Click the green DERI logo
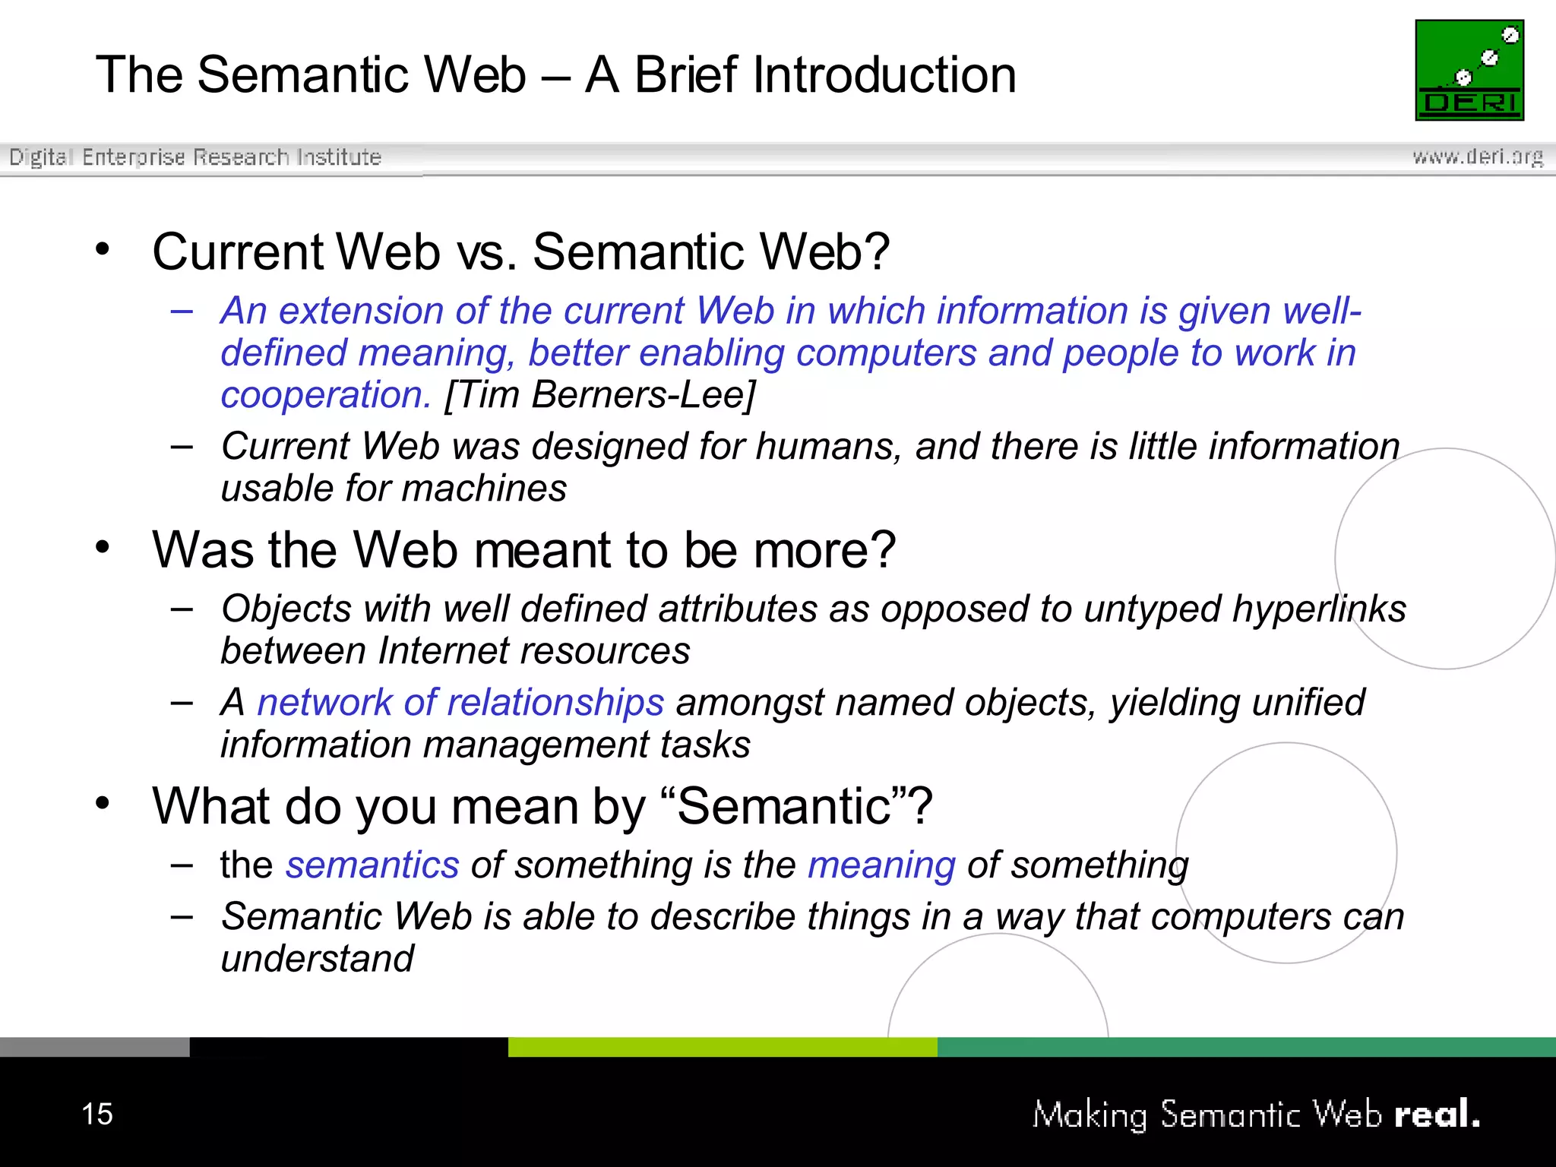click(x=1469, y=70)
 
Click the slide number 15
click(x=97, y=1114)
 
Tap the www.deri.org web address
click(x=1477, y=157)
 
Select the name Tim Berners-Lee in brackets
click(x=600, y=394)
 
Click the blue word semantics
click(x=372, y=865)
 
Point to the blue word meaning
click(x=881, y=865)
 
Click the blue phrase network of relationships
click(x=460, y=702)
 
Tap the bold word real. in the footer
click(x=1437, y=1114)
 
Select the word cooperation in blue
click(x=325, y=394)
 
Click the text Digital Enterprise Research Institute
click(x=194, y=157)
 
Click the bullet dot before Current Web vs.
click(x=103, y=248)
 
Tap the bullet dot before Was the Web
click(x=103, y=546)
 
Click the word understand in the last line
click(x=318, y=958)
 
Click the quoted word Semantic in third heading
click(x=783, y=805)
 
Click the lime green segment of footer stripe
click(x=722, y=1046)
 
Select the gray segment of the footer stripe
click(x=94, y=1046)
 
